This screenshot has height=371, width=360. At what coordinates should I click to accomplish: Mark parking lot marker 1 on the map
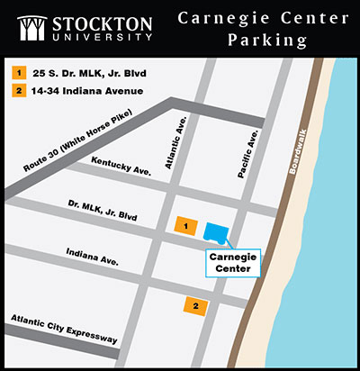pos(184,224)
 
